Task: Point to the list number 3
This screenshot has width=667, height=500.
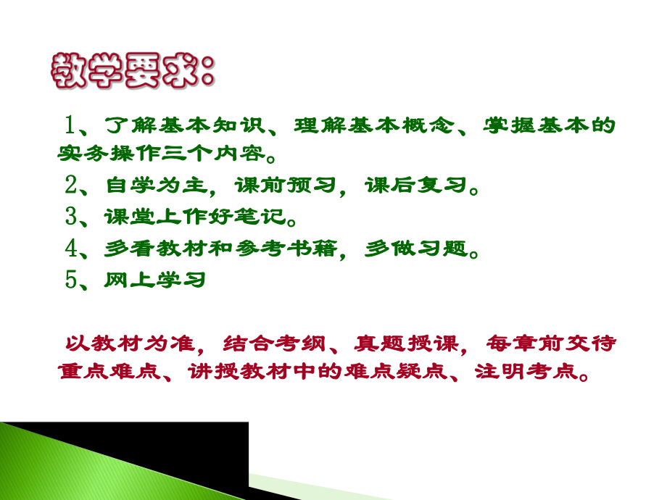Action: (x=70, y=217)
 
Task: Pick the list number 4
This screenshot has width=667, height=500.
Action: (x=70, y=248)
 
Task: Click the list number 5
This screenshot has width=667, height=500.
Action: (x=70, y=280)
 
